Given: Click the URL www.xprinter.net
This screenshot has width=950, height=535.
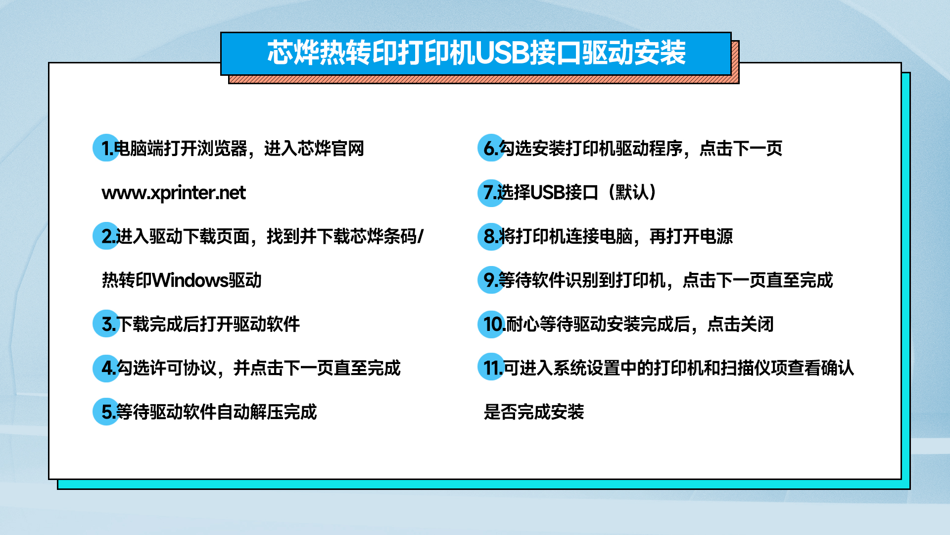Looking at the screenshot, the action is tap(173, 193).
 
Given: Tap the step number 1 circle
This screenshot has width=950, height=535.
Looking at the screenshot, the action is tap(106, 148).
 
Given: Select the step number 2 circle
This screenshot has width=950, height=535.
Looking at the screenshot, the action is tap(106, 236).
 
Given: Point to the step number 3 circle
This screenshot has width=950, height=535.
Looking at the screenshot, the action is tap(106, 324).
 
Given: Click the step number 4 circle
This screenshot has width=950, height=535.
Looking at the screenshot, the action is tap(106, 368).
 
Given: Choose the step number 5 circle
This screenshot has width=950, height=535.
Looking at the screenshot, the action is tap(106, 412).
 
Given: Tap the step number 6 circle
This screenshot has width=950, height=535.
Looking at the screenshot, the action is tap(491, 148).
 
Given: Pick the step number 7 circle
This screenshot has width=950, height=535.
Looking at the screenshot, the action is tap(491, 193).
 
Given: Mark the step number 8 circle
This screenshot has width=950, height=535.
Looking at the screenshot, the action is tap(491, 236).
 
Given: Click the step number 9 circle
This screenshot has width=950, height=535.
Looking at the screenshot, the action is tap(491, 280).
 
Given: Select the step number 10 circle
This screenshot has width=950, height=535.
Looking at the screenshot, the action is tap(491, 324).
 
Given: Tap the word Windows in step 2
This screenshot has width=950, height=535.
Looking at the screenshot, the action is tap(190, 280).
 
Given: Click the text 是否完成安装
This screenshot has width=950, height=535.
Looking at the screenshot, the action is tap(534, 412).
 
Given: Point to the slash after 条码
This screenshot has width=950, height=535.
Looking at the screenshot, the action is tap(421, 236).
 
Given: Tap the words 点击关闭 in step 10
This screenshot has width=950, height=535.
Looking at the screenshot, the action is tap(740, 324).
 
